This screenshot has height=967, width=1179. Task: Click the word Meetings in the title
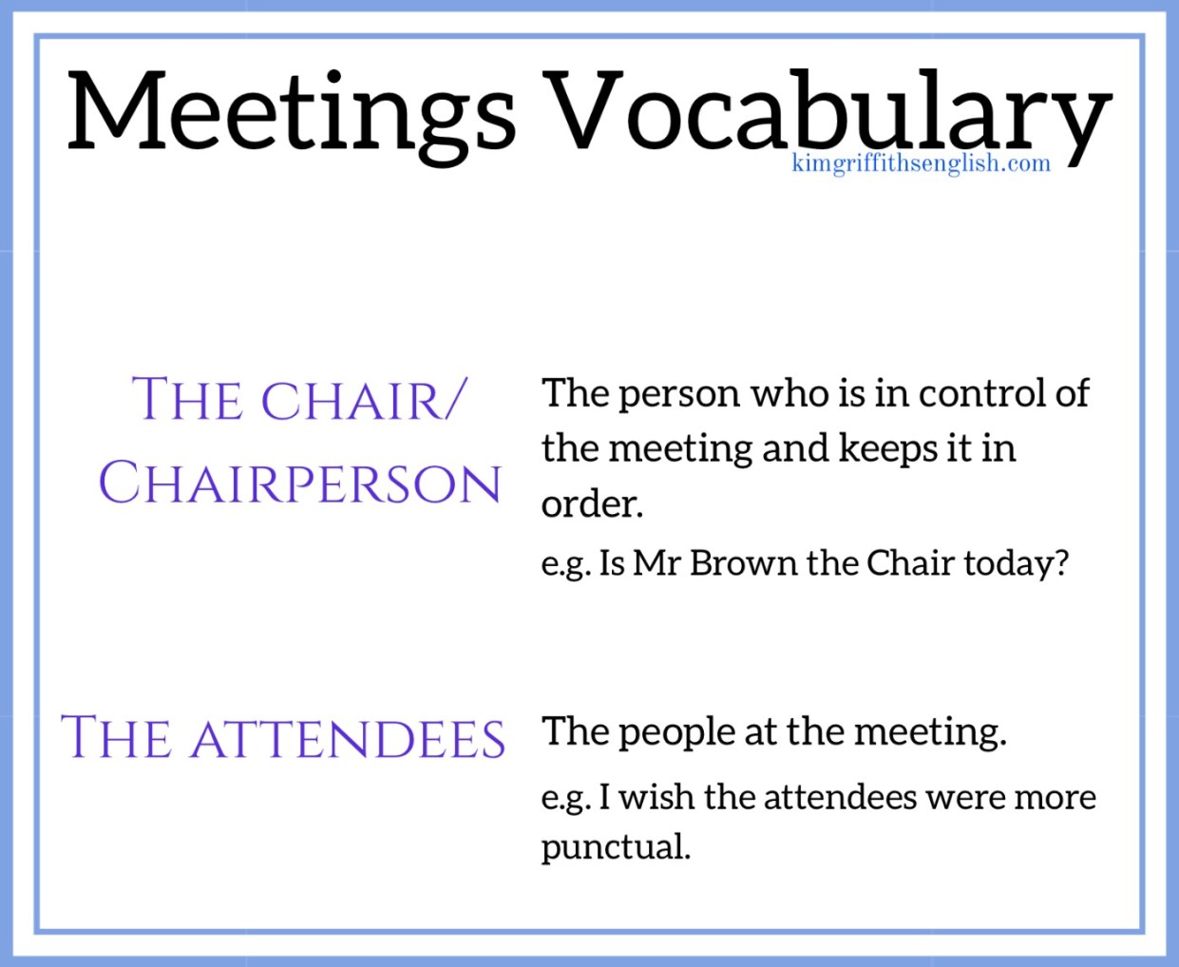[x=292, y=112]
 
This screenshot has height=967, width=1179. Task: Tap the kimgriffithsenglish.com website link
[x=921, y=163]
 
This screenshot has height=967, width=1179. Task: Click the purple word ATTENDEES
[x=348, y=739]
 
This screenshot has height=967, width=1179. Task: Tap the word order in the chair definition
[x=591, y=504]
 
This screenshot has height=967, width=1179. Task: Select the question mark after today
[x=1061, y=563]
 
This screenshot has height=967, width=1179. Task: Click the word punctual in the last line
[x=615, y=846]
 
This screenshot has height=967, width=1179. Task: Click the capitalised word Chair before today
[x=910, y=563]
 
